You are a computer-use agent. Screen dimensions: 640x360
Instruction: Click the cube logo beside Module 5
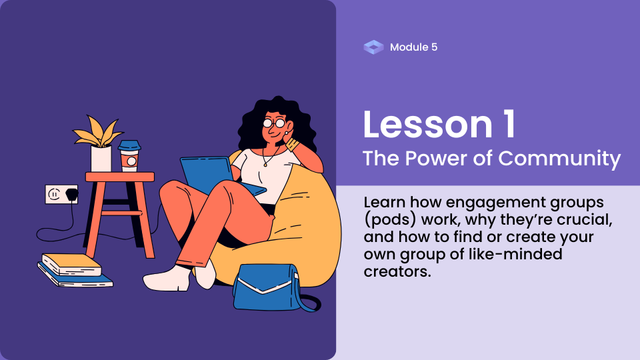click(373, 47)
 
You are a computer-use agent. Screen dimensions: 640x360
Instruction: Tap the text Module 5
click(413, 47)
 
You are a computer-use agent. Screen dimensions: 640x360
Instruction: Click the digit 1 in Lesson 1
click(510, 125)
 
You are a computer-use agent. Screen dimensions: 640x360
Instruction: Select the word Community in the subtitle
click(559, 159)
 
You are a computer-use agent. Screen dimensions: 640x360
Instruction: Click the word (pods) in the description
click(390, 220)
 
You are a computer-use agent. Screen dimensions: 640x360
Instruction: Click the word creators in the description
click(397, 271)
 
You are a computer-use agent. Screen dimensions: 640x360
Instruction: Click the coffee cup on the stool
click(129, 155)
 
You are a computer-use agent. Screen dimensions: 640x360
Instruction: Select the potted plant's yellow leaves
click(99, 131)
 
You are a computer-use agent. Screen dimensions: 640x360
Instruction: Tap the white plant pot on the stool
click(101, 159)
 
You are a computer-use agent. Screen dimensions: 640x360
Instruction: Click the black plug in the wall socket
click(72, 194)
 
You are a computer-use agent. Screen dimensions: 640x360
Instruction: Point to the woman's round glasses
click(274, 123)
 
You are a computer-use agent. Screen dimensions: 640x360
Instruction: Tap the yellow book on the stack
click(72, 264)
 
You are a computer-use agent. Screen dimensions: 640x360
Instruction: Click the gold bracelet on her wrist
click(292, 144)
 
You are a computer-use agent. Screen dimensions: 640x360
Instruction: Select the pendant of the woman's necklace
click(265, 165)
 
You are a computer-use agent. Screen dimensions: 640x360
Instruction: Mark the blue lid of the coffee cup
click(129, 145)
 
